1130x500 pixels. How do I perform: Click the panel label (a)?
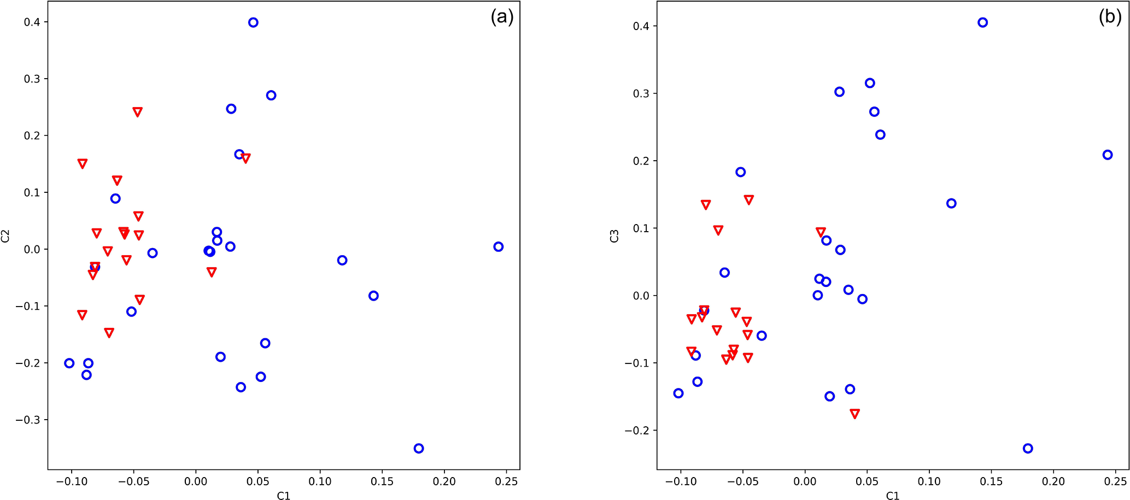[x=502, y=17]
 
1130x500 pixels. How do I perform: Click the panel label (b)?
[x=1110, y=17]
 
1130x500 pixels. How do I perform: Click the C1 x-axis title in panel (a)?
[x=283, y=496]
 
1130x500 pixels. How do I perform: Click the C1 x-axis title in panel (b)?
[x=892, y=496]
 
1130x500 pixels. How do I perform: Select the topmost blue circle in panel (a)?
[x=253, y=22]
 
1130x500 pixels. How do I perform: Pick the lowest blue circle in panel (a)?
[x=419, y=448]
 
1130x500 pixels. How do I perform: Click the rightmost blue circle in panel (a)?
[x=498, y=246]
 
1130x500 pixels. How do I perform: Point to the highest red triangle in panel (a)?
[x=137, y=112]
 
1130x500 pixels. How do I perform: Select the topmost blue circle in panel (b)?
[x=982, y=22]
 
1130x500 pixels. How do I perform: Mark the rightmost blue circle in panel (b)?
[x=1107, y=155]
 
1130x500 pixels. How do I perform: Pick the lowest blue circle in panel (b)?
[x=1028, y=448]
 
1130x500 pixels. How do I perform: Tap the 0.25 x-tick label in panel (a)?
[x=506, y=481]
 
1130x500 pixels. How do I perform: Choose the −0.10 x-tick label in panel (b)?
[x=680, y=481]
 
